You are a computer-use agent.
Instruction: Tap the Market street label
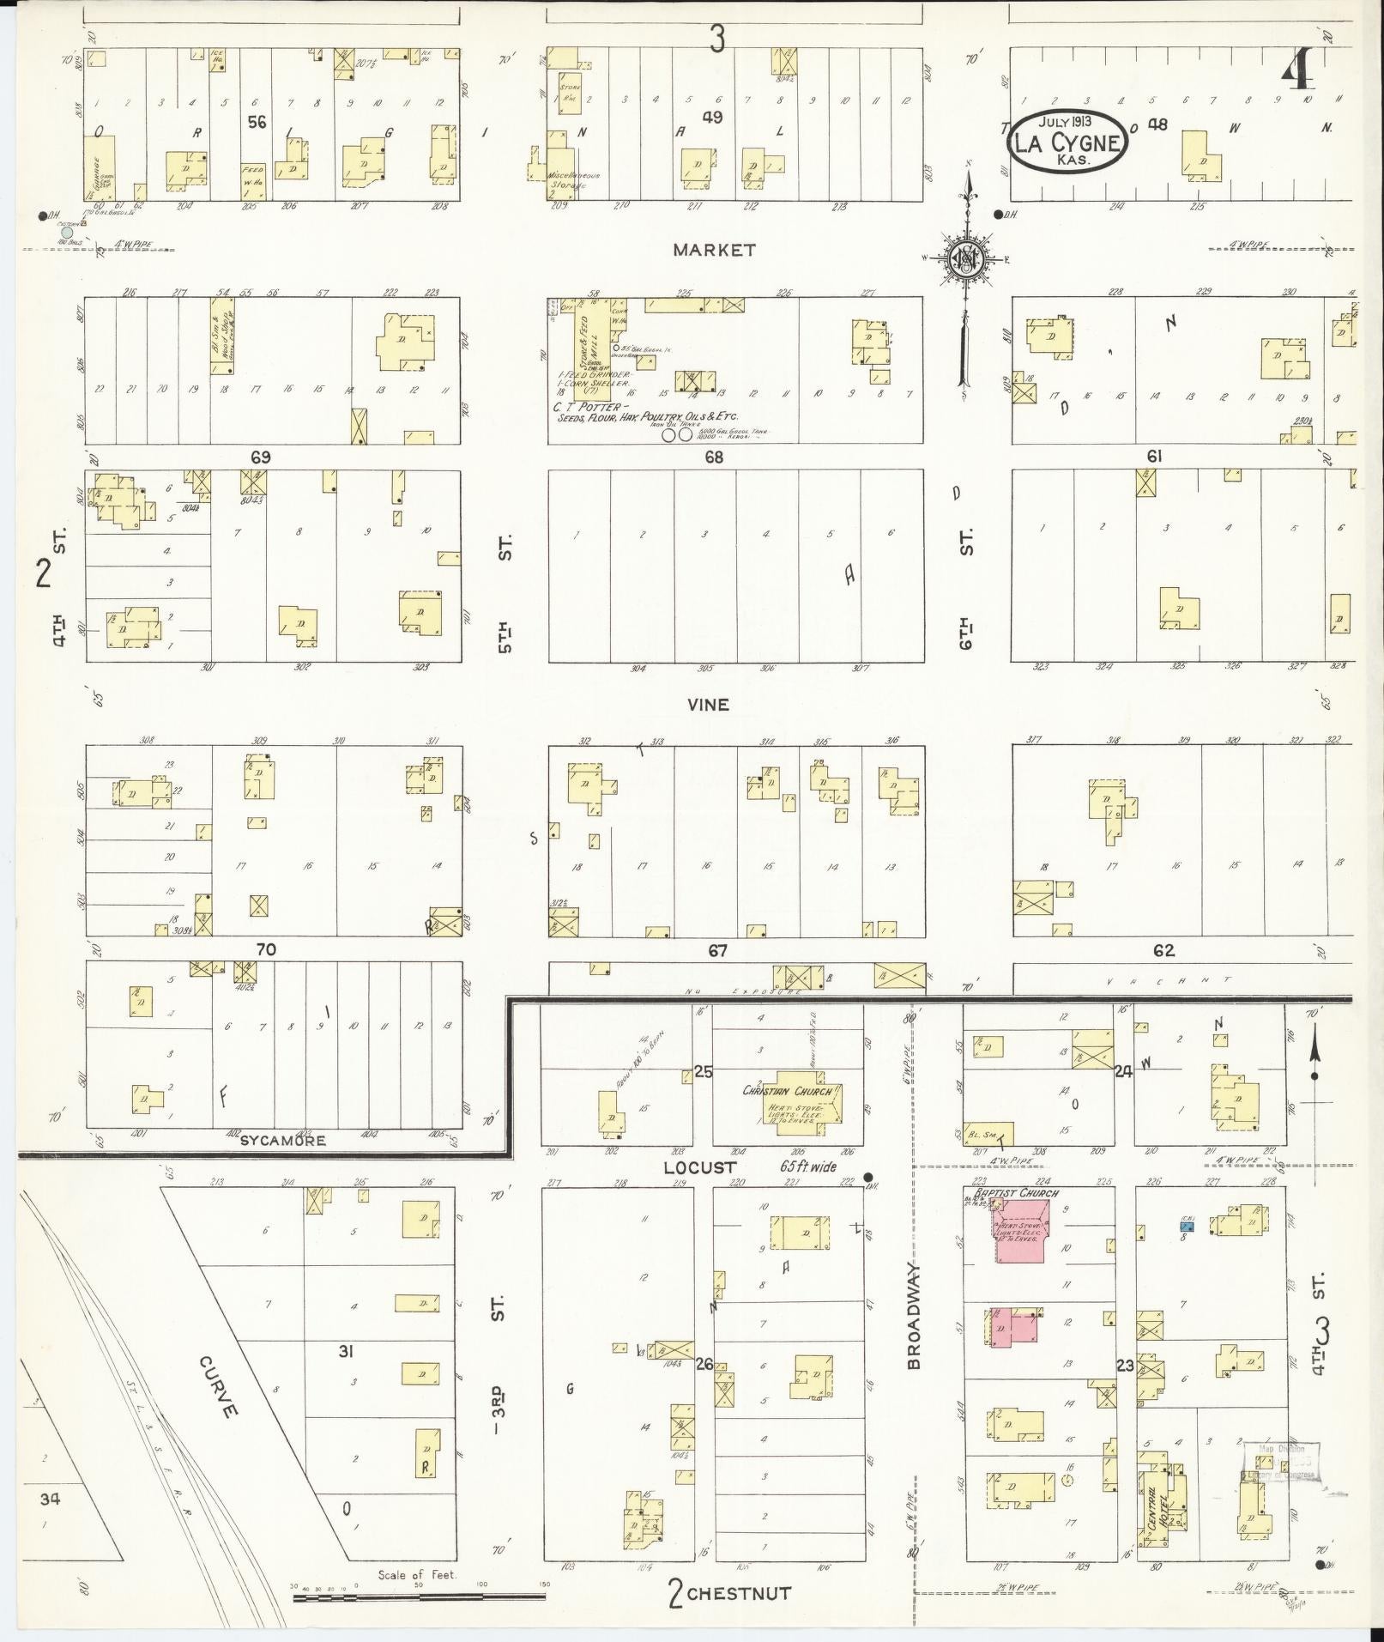tap(714, 250)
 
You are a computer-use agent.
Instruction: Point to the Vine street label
tap(708, 704)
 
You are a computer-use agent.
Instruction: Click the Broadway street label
tap(914, 1322)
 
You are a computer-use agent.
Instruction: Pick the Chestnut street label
tap(739, 1593)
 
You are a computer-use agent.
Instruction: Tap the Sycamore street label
tap(282, 1141)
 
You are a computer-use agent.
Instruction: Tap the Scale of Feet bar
tap(420, 1597)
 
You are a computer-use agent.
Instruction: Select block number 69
tap(260, 457)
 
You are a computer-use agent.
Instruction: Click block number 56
tap(256, 123)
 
